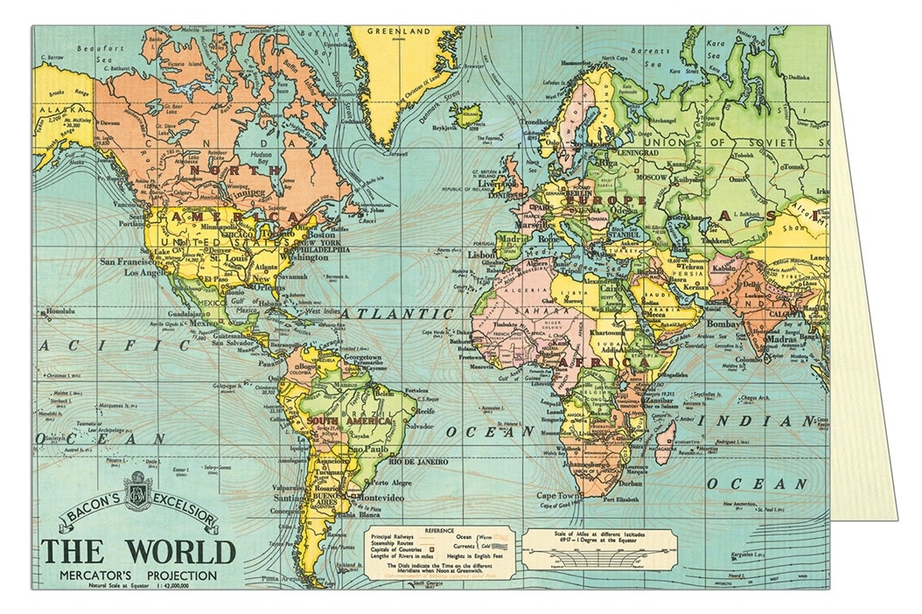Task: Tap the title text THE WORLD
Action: [x=139, y=552]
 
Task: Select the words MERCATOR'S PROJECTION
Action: [x=139, y=576]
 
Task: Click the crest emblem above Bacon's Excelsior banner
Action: [x=138, y=489]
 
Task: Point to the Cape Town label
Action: [x=559, y=495]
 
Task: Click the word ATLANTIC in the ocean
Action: [x=397, y=312]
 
